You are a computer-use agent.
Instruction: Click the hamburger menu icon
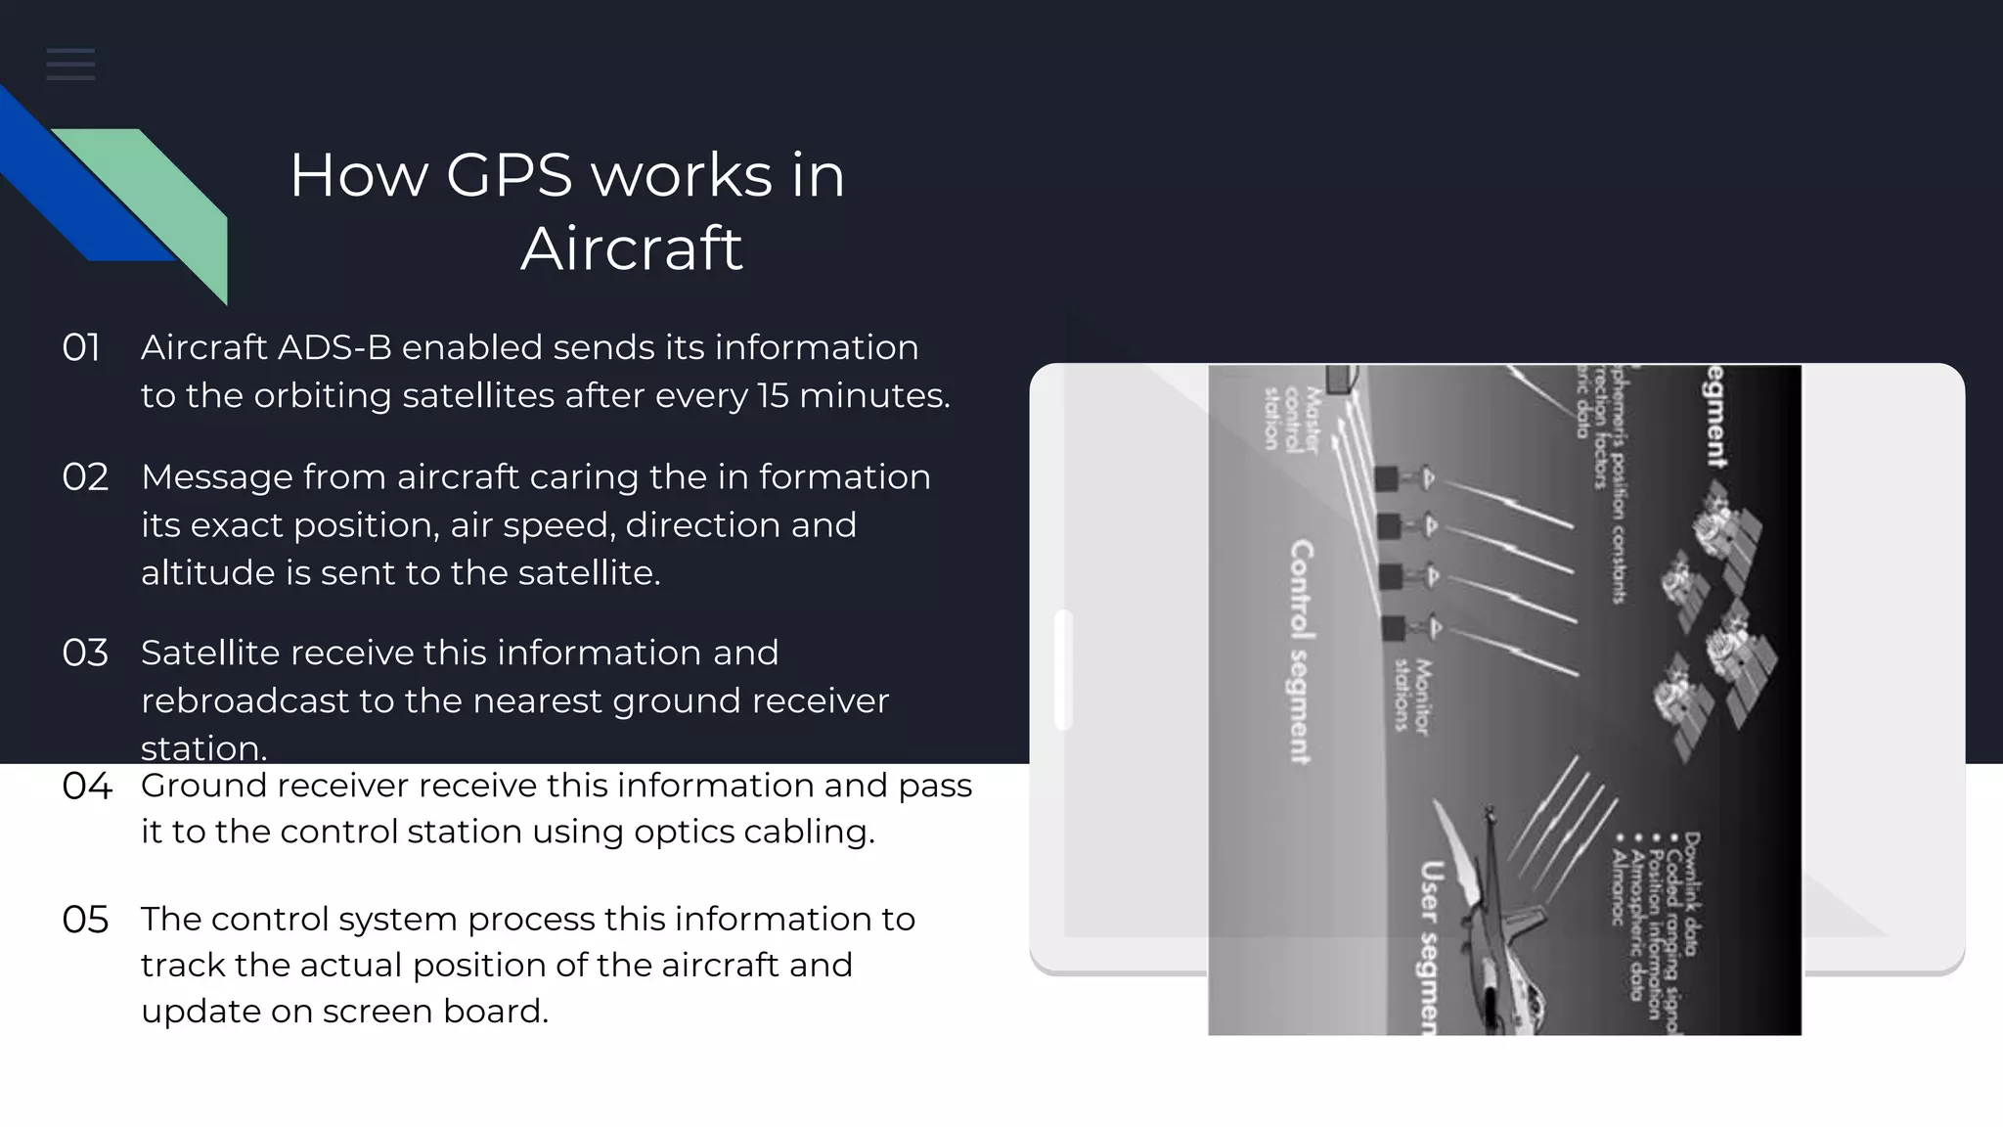[70, 65]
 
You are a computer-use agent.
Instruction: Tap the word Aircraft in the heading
[632, 248]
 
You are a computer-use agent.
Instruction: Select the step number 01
[81, 348]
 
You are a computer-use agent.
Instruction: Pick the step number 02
[85, 477]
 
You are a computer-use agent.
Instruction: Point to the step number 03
[85, 654]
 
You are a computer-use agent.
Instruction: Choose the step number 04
[87, 787]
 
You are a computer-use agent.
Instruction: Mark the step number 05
[85, 920]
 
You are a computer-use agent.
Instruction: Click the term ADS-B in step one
[334, 348]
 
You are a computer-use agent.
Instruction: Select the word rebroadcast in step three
[245, 701]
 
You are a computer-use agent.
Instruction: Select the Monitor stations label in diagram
[1411, 697]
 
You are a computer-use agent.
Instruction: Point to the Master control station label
[1291, 419]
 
